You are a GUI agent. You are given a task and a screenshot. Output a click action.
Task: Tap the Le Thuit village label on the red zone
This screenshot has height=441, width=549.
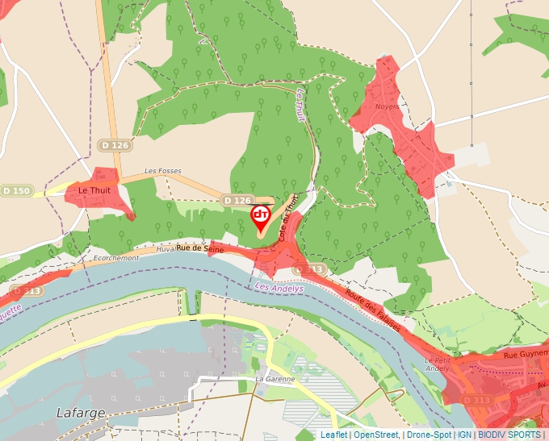(x=94, y=190)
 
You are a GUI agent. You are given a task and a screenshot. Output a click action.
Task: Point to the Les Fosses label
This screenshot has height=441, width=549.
(x=162, y=171)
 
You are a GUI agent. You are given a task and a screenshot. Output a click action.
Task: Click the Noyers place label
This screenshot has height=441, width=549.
(x=388, y=106)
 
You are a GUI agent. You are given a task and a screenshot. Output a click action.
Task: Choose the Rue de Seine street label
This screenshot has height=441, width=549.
(x=200, y=250)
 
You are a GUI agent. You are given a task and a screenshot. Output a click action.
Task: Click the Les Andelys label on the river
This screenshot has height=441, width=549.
(x=279, y=288)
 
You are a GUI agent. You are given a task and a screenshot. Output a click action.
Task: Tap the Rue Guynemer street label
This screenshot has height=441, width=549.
(x=526, y=354)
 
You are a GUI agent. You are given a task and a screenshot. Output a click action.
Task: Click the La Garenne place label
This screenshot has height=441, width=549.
(x=274, y=379)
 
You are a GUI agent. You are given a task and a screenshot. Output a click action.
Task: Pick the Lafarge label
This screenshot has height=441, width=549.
(x=81, y=412)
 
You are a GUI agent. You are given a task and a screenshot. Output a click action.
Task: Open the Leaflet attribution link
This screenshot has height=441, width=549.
(x=333, y=435)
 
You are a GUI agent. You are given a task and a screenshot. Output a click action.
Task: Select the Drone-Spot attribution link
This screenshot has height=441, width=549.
(x=429, y=435)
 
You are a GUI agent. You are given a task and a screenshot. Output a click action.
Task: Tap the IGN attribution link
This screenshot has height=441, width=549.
(x=464, y=435)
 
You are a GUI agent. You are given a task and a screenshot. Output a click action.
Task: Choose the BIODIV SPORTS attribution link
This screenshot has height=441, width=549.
(x=509, y=435)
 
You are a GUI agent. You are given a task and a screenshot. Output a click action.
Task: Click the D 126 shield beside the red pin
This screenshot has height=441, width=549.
(x=237, y=200)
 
